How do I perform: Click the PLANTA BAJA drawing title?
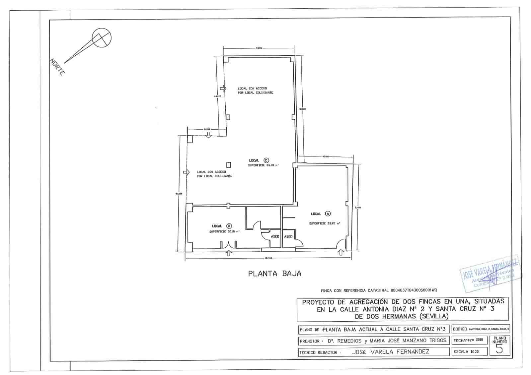pyautogui.click(x=275, y=274)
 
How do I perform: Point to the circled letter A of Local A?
pyautogui.click(x=328, y=214)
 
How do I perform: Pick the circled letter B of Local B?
pyautogui.click(x=229, y=226)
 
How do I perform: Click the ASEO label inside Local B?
pyautogui.click(x=275, y=236)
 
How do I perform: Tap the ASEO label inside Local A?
pyautogui.click(x=288, y=236)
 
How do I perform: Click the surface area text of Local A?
pyautogui.click(x=324, y=223)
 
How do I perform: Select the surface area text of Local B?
pyautogui.click(x=224, y=232)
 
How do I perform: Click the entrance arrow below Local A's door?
pyautogui.click(x=341, y=253)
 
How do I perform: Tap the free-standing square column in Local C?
pyautogui.click(x=228, y=165)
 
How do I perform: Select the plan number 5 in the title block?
pyautogui.click(x=499, y=349)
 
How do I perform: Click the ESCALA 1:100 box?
pyautogui.click(x=470, y=351)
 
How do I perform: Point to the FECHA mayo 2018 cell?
pyautogui.click(x=470, y=340)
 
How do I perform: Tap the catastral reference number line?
pyautogui.click(x=379, y=290)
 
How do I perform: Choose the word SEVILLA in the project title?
pyautogui.click(x=434, y=316)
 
